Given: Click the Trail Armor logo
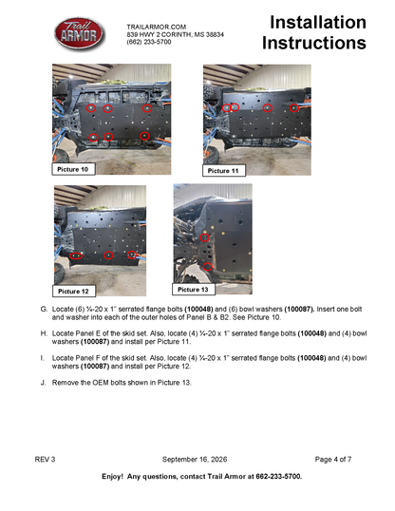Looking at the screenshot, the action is (79, 33).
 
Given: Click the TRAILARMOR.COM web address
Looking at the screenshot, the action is (157, 27).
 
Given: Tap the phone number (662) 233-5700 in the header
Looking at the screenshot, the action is (149, 42).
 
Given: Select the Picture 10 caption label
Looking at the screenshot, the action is (73, 169).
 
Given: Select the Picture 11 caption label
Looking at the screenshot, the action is (223, 170).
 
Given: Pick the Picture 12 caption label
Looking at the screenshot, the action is (74, 291).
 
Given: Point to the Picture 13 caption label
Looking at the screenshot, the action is (194, 290).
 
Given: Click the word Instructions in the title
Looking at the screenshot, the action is (314, 43).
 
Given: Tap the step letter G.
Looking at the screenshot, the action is (44, 309).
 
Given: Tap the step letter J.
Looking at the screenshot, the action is (43, 382).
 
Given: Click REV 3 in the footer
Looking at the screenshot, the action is (45, 459).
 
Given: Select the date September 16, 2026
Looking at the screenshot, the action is (195, 459).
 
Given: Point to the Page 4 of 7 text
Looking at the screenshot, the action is (333, 459).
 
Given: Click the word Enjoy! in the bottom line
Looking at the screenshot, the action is (112, 477).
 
